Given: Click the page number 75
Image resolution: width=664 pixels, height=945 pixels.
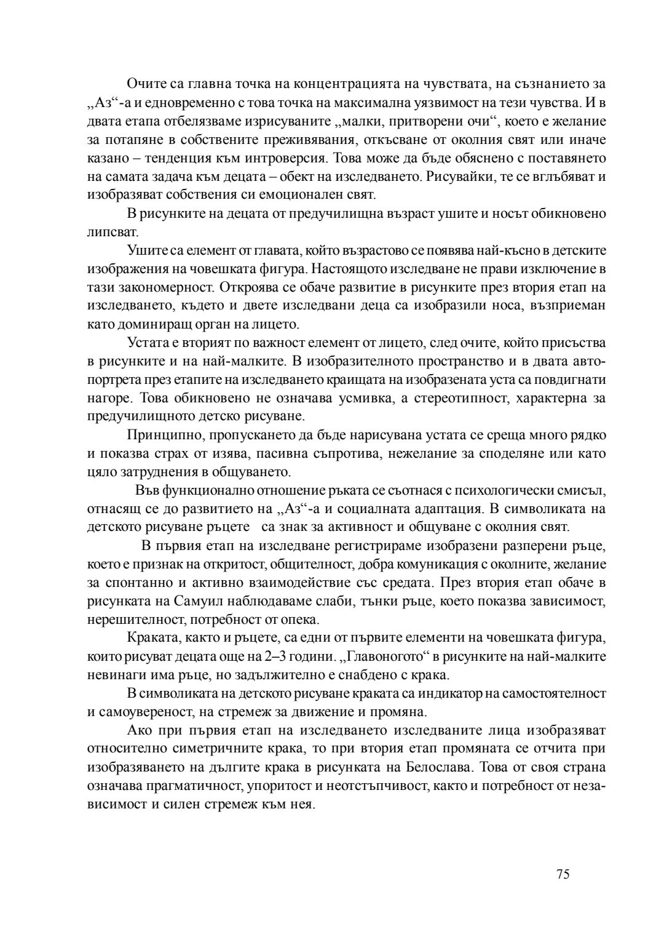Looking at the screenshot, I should (x=563, y=874).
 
